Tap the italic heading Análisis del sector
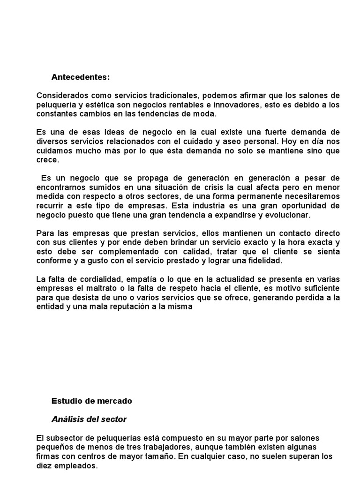pyautogui.click(x=89, y=419)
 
